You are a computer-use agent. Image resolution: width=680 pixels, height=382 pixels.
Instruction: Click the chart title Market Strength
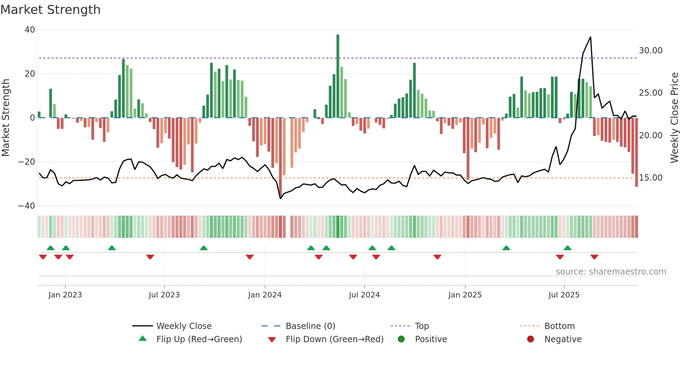(x=50, y=10)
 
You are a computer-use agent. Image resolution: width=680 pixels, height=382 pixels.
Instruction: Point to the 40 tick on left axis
(x=30, y=30)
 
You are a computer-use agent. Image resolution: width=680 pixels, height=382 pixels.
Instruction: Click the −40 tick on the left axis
(x=27, y=206)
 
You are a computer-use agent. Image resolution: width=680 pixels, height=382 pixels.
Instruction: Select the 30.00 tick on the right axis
(x=651, y=51)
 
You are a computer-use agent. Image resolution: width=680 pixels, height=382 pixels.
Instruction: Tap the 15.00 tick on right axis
(x=651, y=178)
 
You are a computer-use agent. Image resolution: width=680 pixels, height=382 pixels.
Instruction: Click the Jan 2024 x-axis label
(x=265, y=295)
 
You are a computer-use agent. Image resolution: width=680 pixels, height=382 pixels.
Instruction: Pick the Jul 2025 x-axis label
(x=564, y=295)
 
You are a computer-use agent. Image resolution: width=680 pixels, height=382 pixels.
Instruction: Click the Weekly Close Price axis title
(x=674, y=118)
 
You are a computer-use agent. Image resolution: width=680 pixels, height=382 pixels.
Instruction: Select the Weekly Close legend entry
(x=184, y=326)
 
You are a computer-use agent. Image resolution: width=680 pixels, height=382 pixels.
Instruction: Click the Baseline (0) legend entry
(x=310, y=326)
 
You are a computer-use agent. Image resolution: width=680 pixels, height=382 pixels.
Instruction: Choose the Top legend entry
(x=422, y=326)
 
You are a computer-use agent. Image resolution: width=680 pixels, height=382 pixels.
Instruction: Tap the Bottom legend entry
(x=559, y=326)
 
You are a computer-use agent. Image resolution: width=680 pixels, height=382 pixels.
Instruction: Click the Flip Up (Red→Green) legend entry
(x=199, y=339)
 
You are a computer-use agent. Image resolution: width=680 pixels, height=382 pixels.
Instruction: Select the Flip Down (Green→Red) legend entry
(x=334, y=339)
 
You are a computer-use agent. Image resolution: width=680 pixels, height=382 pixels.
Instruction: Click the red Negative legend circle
(x=530, y=339)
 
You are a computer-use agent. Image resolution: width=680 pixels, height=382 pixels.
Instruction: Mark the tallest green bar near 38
(x=338, y=76)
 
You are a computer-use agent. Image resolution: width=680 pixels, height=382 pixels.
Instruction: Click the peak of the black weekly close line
(x=590, y=37)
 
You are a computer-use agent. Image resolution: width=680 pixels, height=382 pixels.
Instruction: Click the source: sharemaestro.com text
(x=611, y=272)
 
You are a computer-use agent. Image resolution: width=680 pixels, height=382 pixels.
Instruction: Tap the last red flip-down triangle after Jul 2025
(x=594, y=257)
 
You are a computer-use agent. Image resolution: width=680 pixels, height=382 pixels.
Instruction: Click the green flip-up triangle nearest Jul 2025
(x=568, y=248)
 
